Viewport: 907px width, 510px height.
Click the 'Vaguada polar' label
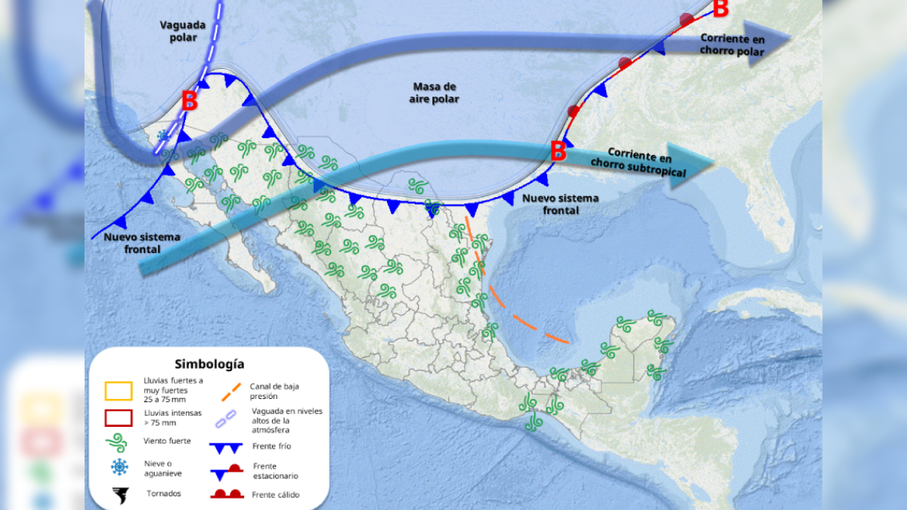[178, 30]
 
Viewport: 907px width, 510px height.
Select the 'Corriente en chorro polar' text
[732, 45]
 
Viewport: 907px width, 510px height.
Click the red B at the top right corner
[720, 9]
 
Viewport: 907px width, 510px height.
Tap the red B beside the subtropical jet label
[558, 151]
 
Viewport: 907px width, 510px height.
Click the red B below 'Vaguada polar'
[190, 100]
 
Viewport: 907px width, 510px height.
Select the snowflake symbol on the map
[163, 136]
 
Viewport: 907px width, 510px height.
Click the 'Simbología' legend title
[209, 364]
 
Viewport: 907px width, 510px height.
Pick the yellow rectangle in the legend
[118, 391]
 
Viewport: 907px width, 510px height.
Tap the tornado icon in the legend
[119, 495]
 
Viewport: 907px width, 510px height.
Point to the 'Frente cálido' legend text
[276, 495]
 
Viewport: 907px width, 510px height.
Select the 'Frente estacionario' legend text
[275, 471]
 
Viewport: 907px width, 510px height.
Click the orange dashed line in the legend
[231, 391]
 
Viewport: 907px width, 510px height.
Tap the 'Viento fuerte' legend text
[166, 440]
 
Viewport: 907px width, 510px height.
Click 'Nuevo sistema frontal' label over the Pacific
[142, 242]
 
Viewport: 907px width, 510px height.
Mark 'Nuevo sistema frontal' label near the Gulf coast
[561, 204]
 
